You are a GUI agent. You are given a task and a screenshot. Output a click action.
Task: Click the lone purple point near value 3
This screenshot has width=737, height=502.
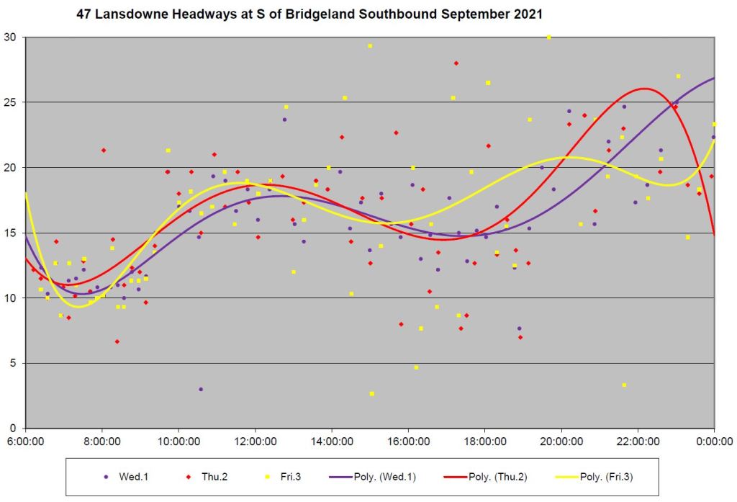pos(201,389)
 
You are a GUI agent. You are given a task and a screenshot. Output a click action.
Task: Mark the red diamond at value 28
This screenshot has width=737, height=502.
pos(456,63)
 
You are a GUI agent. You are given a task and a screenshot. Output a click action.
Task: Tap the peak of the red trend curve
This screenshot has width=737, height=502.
pos(643,89)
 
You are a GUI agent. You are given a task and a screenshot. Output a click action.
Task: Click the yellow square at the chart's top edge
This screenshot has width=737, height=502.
pos(549,37)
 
